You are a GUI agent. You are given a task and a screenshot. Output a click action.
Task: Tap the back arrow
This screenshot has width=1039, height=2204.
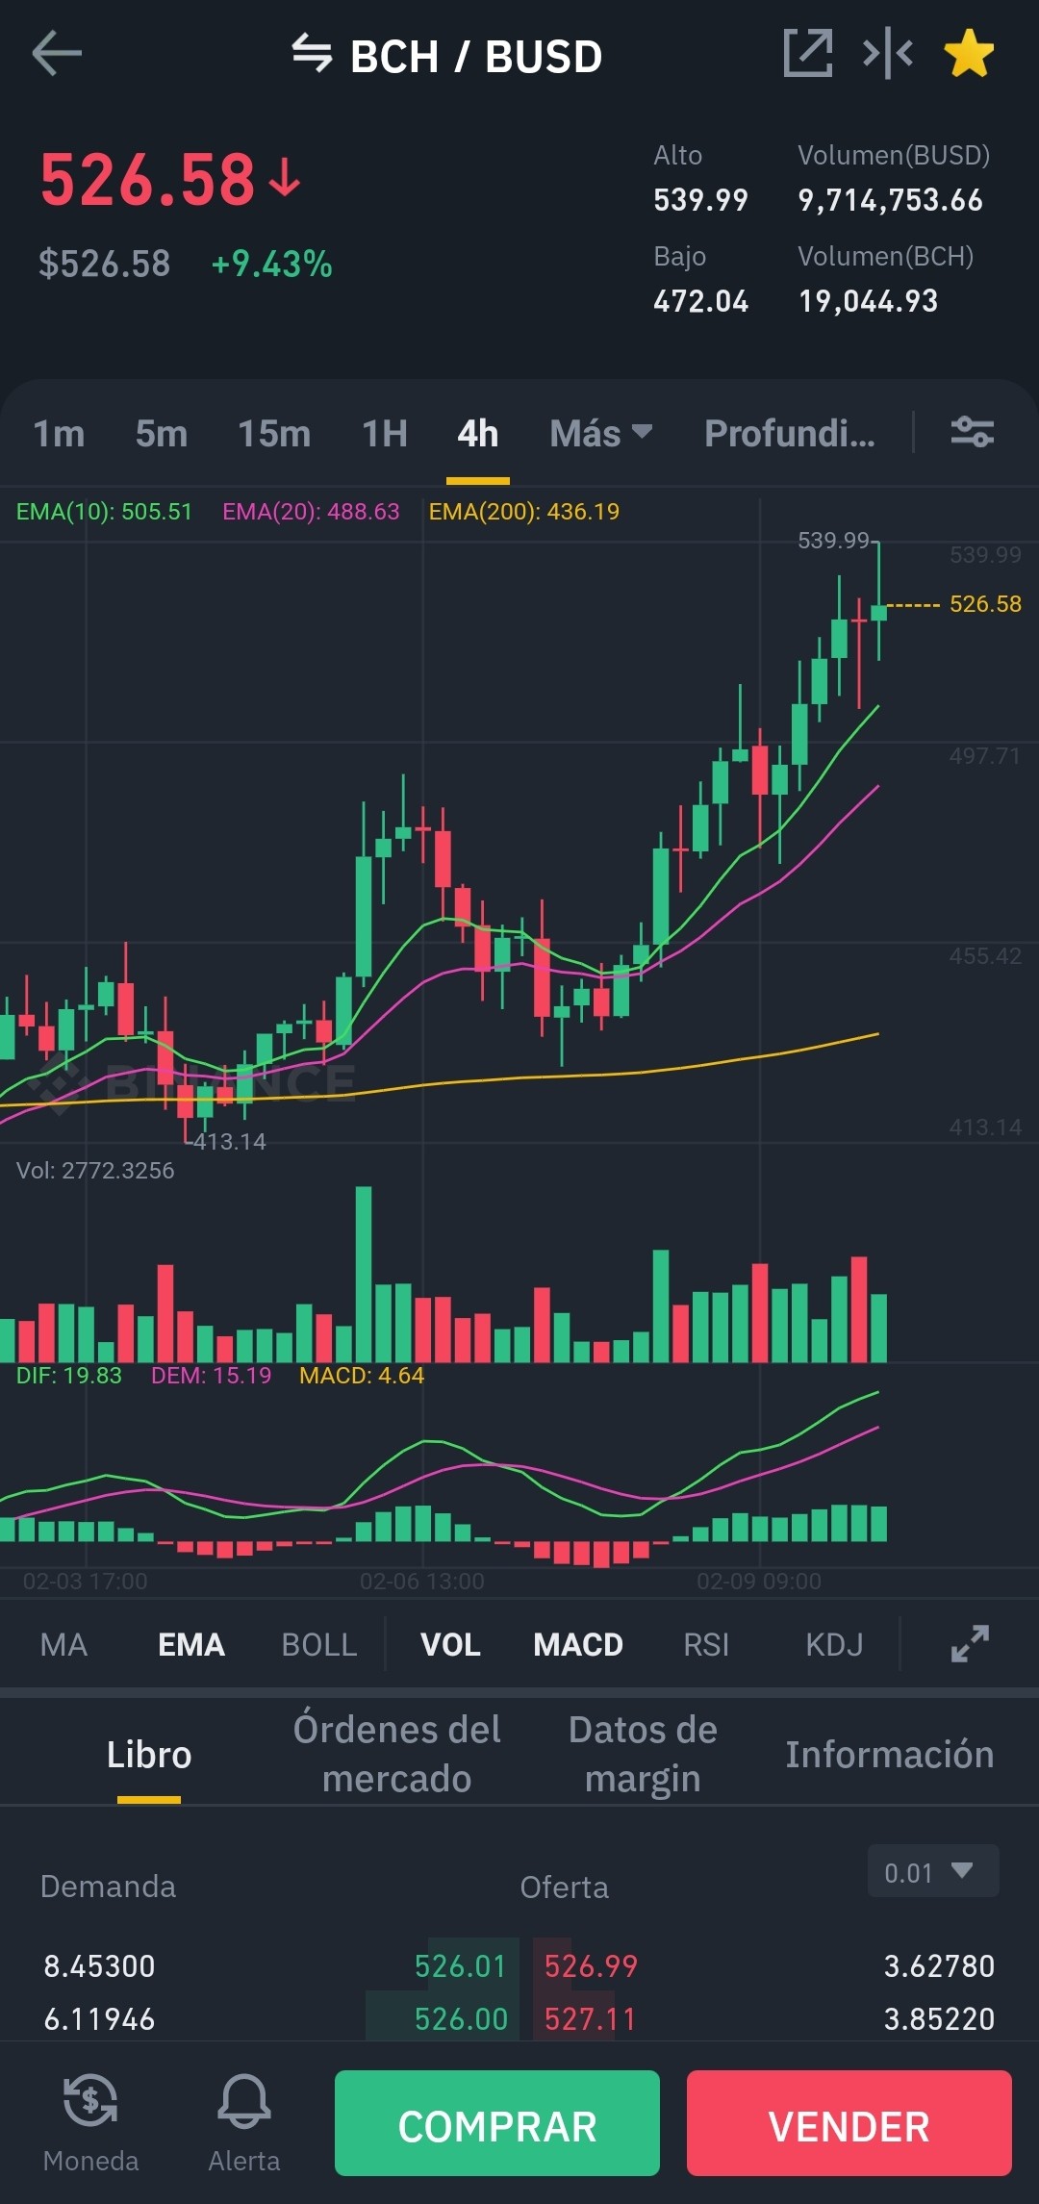click(57, 53)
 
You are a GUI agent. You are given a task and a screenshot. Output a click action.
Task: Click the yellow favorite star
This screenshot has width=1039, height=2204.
click(969, 53)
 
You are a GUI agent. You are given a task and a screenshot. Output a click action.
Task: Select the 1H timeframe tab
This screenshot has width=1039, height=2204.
click(385, 434)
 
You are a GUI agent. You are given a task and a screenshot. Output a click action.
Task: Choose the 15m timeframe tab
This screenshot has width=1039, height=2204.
click(274, 434)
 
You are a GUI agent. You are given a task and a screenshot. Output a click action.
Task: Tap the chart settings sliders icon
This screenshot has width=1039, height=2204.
click(972, 432)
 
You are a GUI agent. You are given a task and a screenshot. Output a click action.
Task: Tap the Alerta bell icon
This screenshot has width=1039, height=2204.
click(244, 2101)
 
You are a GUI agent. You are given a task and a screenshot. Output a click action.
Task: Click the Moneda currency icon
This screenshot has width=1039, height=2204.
click(90, 2100)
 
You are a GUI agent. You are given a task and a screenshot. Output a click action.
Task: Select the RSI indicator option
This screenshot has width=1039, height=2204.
click(706, 1645)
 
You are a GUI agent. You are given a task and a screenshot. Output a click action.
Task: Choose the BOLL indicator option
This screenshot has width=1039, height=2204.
click(319, 1645)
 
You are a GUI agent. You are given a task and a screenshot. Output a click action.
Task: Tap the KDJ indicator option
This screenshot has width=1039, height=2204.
click(834, 1645)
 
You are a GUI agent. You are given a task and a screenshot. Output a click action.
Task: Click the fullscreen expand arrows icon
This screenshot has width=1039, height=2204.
click(970, 1644)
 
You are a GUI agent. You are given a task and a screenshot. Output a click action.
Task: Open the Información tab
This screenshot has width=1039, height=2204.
click(890, 1755)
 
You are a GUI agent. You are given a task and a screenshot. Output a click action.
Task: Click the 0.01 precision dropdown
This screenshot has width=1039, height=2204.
click(933, 1871)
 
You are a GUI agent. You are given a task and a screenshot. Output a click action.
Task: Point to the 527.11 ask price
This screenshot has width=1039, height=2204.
click(591, 2019)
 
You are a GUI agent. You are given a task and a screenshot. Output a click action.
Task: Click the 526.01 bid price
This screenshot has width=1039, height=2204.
click(461, 1966)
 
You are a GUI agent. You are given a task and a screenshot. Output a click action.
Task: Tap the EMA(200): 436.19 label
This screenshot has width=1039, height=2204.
click(524, 512)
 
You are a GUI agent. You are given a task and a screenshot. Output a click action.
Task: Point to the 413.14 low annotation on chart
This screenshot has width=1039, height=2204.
click(230, 1142)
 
